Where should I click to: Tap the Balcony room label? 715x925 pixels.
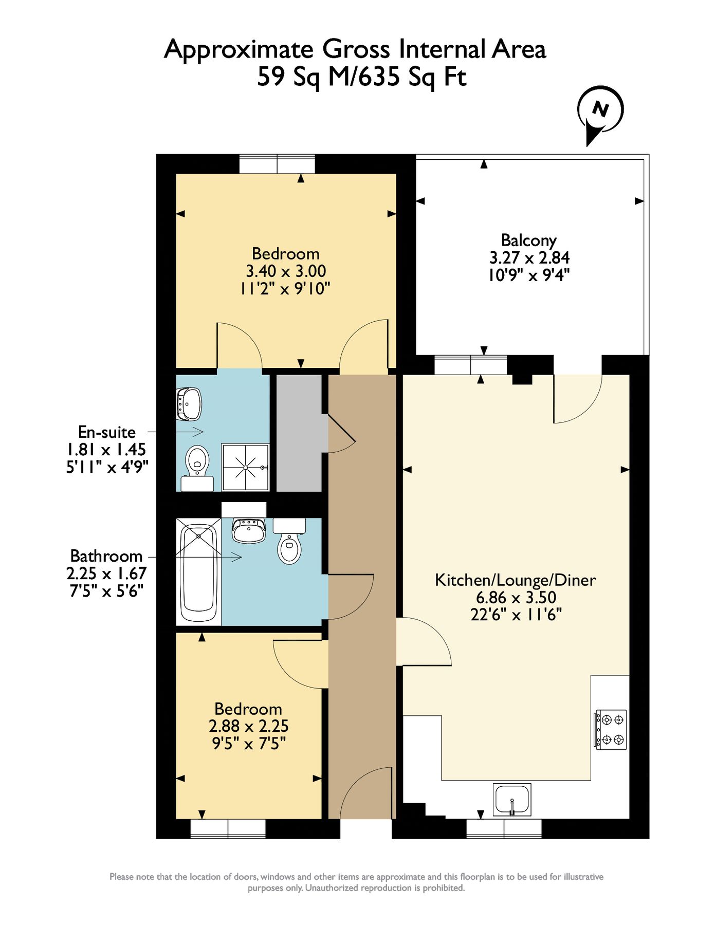[528, 240]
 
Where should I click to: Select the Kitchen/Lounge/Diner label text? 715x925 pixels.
[516, 580]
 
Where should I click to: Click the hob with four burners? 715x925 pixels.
[611, 730]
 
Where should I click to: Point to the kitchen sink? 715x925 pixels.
[512, 800]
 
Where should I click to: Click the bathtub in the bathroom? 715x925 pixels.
[198, 572]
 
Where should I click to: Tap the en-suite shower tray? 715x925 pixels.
[246, 467]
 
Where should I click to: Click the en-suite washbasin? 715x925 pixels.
[189, 403]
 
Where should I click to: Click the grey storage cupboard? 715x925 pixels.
[299, 433]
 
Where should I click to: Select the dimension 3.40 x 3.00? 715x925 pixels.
[286, 271]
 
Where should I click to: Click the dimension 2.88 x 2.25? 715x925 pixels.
[248, 726]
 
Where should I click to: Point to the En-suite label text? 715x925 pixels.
[106, 432]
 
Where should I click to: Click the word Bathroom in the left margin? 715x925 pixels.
[106, 556]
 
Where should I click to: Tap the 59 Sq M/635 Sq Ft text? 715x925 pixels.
[361, 78]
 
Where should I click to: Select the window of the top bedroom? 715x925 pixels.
[277, 164]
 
